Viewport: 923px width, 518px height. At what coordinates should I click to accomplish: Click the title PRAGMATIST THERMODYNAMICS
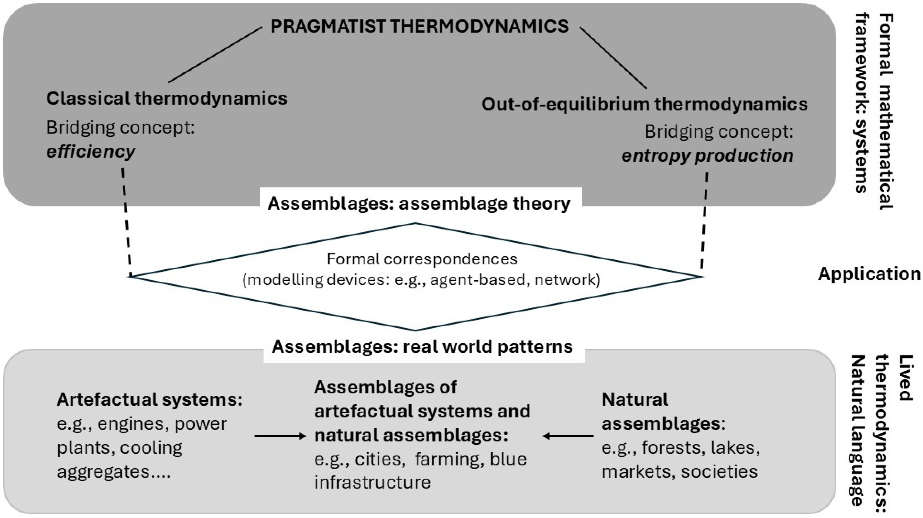[x=419, y=26]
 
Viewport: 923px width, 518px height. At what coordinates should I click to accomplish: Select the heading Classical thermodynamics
[x=167, y=98]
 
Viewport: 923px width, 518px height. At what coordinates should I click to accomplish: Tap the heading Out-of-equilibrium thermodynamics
[x=644, y=104]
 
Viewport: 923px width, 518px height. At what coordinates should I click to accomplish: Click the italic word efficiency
[x=91, y=151]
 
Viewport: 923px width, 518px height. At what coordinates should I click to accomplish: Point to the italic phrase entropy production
[x=707, y=155]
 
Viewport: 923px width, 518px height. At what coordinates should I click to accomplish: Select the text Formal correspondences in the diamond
[x=422, y=259]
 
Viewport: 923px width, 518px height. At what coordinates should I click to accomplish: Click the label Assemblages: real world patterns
[x=422, y=346]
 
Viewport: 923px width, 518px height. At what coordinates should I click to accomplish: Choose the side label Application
[x=869, y=274]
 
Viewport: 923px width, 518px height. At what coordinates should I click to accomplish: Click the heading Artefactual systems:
[x=149, y=399]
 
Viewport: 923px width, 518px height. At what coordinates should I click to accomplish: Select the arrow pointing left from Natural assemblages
[x=568, y=436]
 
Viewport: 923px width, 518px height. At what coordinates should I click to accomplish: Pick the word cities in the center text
[x=380, y=459]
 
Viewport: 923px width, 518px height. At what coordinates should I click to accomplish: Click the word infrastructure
[x=372, y=482]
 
